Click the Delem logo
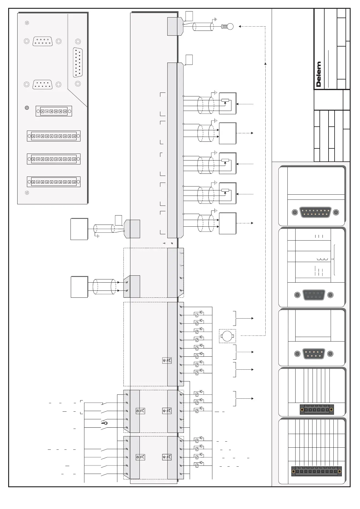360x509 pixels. [319, 74]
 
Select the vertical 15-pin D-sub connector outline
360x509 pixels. [78, 63]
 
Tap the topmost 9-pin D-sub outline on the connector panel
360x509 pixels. [42, 41]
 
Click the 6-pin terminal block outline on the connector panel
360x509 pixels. [54, 111]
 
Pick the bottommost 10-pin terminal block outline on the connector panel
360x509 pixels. [54, 182]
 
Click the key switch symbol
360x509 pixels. [104, 423]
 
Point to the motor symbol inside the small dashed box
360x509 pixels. [227, 336]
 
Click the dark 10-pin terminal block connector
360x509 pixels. [316, 471]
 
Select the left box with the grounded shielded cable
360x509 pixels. [79, 229]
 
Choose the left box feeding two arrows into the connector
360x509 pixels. [79, 287]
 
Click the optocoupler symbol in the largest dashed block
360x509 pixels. [167, 360]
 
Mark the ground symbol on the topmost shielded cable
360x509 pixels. [215, 20]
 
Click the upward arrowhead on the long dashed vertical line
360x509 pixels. [265, 63]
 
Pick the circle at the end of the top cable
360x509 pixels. [230, 27]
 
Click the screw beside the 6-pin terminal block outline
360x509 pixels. [27, 108]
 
